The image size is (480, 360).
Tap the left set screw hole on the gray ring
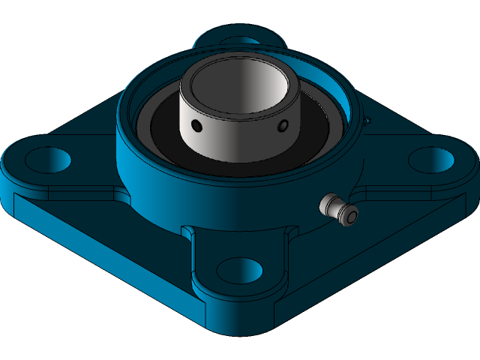click(196, 124)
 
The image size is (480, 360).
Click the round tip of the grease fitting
click(349, 217)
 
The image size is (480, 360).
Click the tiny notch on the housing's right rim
click(367, 120)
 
